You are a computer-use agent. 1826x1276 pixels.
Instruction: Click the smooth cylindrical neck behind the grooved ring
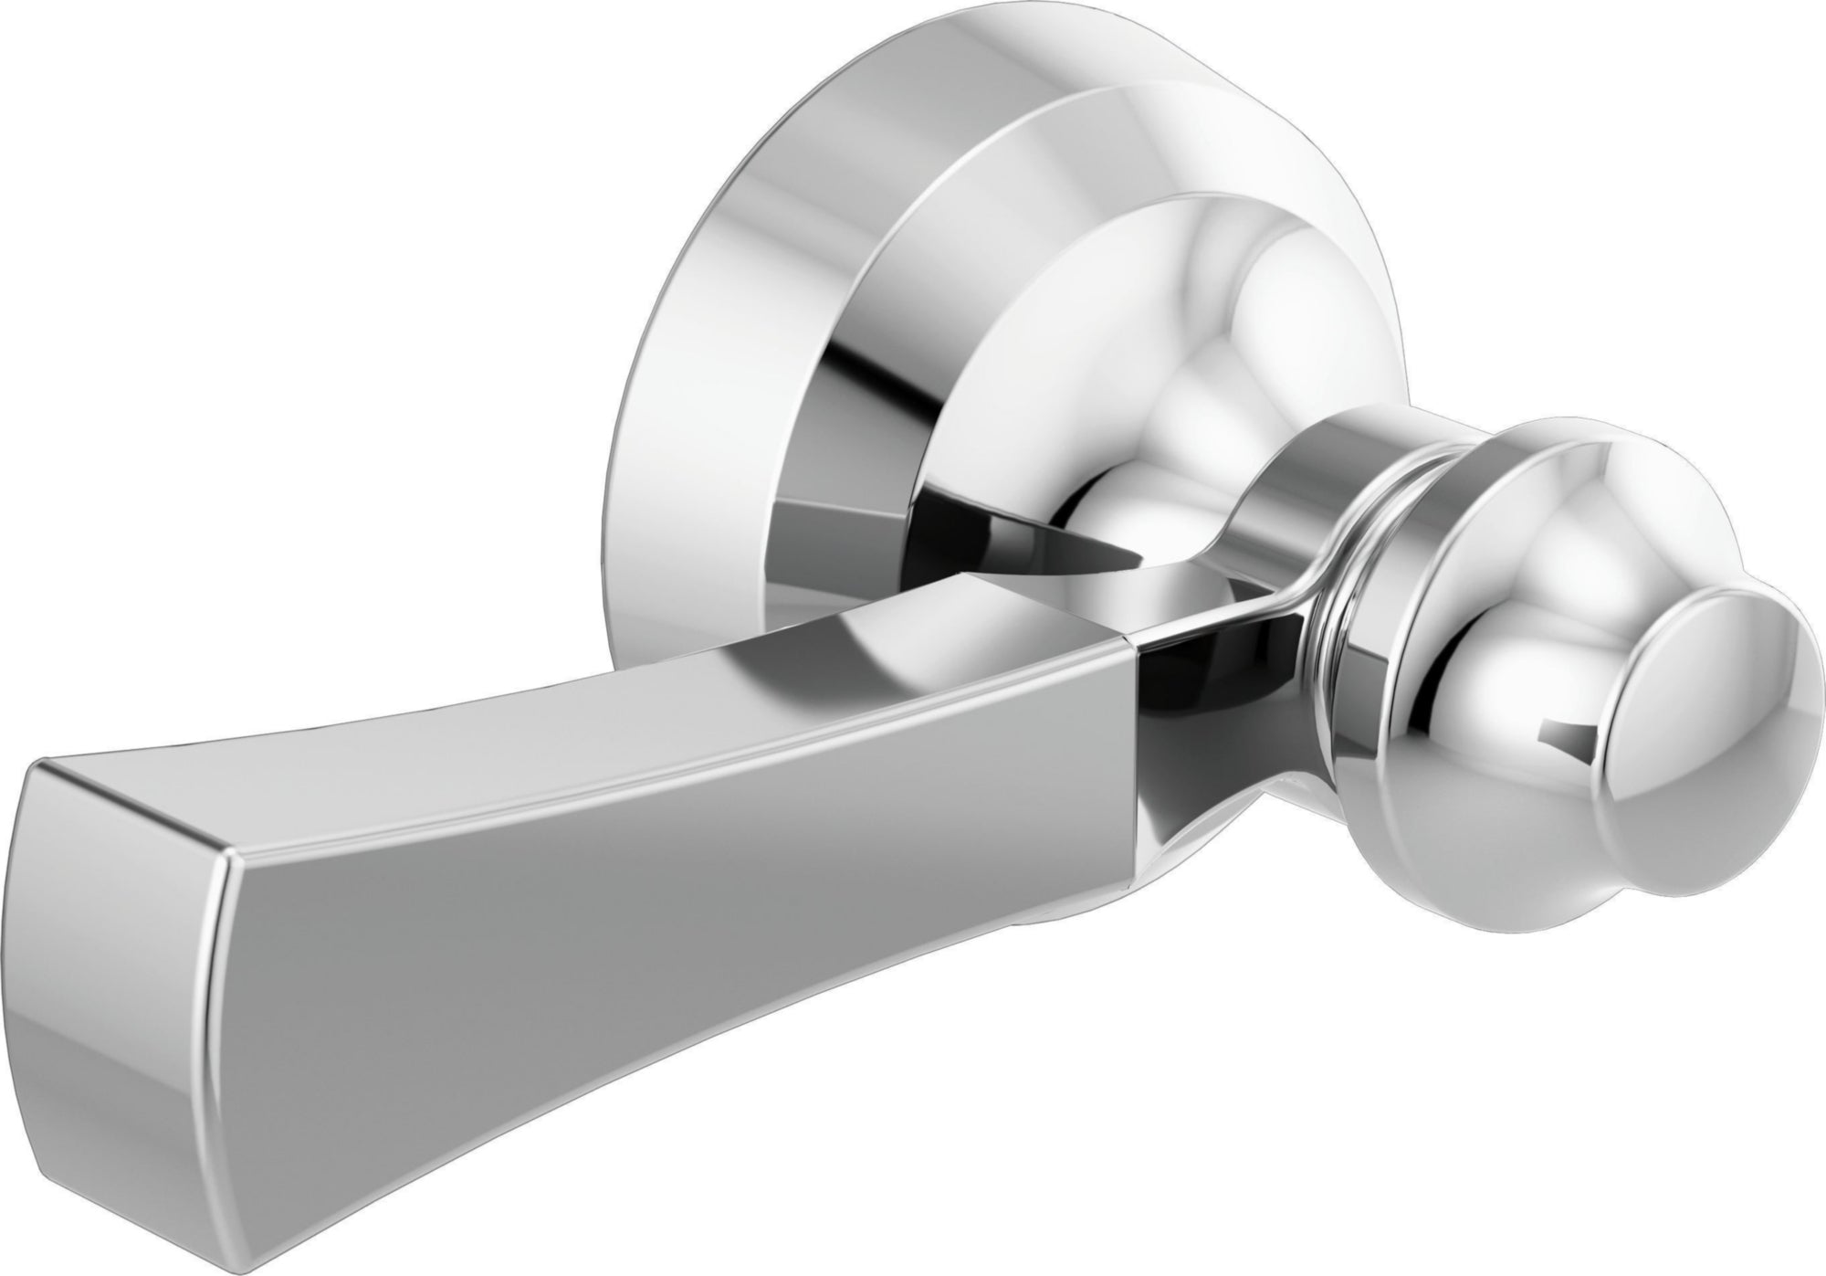(1296, 475)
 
